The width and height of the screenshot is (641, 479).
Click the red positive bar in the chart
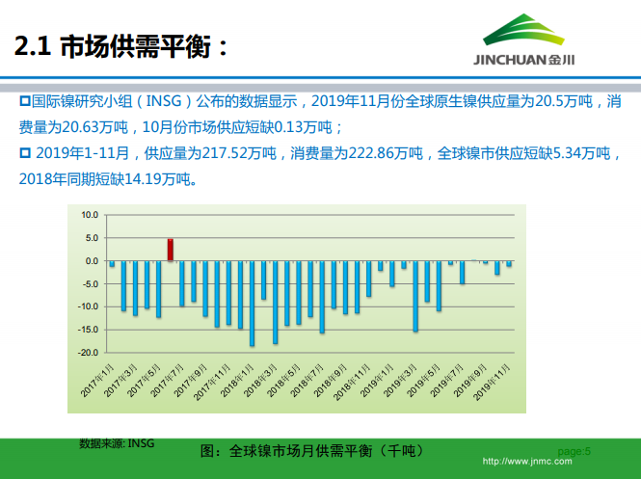pyautogui.click(x=170, y=250)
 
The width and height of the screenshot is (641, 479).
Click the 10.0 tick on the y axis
pyautogui.click(x=90, y=215)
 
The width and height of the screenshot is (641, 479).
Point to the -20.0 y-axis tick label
pyautogui.click(x=88, y=353)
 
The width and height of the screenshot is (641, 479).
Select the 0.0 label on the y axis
pyautogui.click(x=92, y=261)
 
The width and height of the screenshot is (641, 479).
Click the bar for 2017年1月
pyautogui.click(x=112, y=264)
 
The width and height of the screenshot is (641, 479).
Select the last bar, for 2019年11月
pyautogui.click(x=509, y=263)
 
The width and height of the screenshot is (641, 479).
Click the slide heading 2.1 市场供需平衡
pyautogui.click(x=121, y=45)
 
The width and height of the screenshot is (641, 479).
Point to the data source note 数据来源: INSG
pyautogui.click(x=117, y=443)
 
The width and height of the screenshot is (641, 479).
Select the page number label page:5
pyautogui.click(x=574, y=451)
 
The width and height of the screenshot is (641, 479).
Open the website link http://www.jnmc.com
pyautogui.click(x=526, y=462)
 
